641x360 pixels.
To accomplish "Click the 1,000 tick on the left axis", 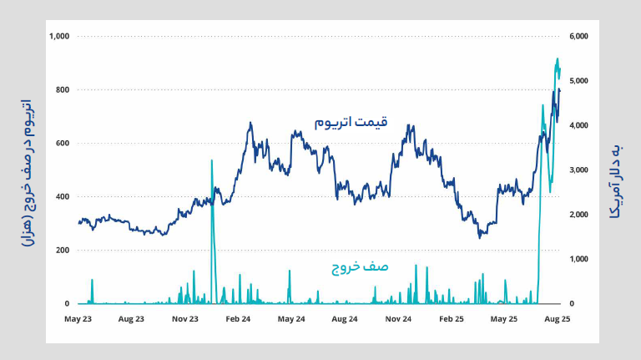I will pyautogui.click(x=59, y=36).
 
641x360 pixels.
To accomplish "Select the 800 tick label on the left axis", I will pyautogui.click(x=63, y=89).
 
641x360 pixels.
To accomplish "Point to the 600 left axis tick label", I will pyautogui.click(x=63, y=143).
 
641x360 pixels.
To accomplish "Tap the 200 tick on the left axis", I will pyautogui.click(x=63, y=250).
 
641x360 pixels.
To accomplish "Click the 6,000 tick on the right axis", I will pyautogui.click(x=578, y=36).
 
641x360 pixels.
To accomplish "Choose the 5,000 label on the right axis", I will pyautogui.click(x=578, y=81).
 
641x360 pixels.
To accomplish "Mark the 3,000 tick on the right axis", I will pyautogui.click(x=578, y=170).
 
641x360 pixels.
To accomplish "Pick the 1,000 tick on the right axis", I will pyautogui.click(x=578, y=259).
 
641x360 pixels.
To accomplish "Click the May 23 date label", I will pyautogui.click(x=78, y=319).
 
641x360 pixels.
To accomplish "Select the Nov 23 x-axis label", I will pyautogui.click(x=185, y=319).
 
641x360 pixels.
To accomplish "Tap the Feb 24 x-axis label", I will pyautogui.click(x=238, y=319).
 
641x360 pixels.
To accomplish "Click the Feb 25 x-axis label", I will pyautogui.click(x=451, y=319).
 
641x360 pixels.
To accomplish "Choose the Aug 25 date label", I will pyautogui.click(x=557, y=319).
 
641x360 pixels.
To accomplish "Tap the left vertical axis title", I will pyautogui.click(x=27, y=171).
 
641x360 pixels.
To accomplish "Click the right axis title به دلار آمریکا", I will pyautogui.click(x=616, y=180).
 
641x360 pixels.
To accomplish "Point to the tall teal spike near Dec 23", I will pyautogui.click(x=212, y=160).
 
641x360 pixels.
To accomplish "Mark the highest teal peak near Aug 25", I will pyautogui.click(x=558, y=59).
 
